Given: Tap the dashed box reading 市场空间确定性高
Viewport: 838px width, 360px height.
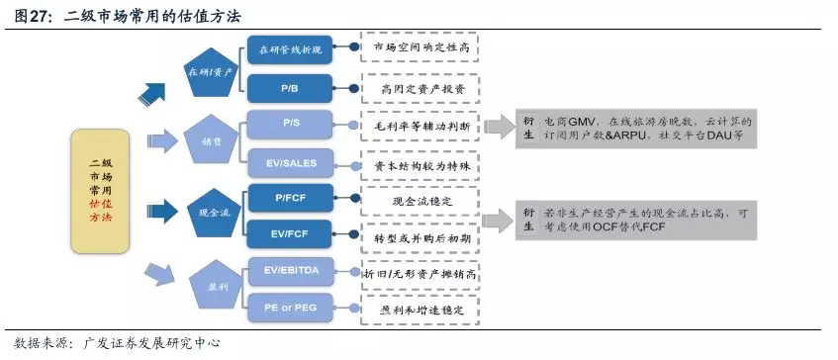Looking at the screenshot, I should [420, 47].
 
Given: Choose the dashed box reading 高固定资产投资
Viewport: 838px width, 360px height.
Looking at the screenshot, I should [420, 88].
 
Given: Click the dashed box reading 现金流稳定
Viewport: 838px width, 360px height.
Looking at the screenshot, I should [420, 200].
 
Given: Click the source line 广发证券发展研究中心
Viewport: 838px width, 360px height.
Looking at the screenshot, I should [110, 343].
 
